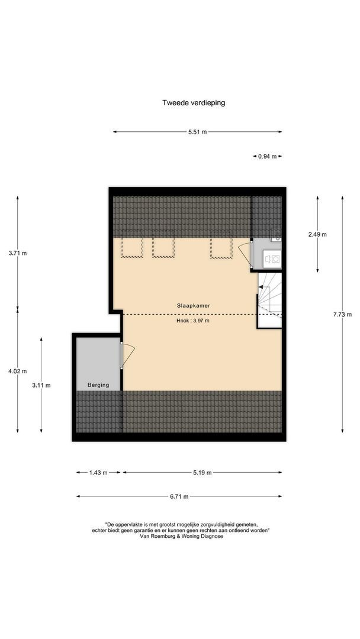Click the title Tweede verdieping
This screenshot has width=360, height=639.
[x=194, y=102]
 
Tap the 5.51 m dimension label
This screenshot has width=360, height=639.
[x=197, y=133]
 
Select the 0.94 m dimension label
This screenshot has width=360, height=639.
[x=268, y=156]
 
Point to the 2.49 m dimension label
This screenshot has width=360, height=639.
[x=317, y=234]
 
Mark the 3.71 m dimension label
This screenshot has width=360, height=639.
[x=18, y=253]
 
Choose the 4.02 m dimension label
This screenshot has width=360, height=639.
[x=18, y=371]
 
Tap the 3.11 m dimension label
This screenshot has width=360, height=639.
[x=41, y=385]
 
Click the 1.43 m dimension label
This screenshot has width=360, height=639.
[x=98, y=473]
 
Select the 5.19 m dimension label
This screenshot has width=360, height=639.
[x=202, y=473]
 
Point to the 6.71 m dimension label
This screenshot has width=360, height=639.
[x=179, y=497]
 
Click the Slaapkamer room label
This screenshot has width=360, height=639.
[x=194, y=305]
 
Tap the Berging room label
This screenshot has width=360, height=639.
[x=98, y=385]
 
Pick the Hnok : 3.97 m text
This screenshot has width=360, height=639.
[x=193, y=321]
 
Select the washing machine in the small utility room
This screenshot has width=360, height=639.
[x=273, y=259]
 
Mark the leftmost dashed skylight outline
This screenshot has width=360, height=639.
[x=131, y=247]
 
